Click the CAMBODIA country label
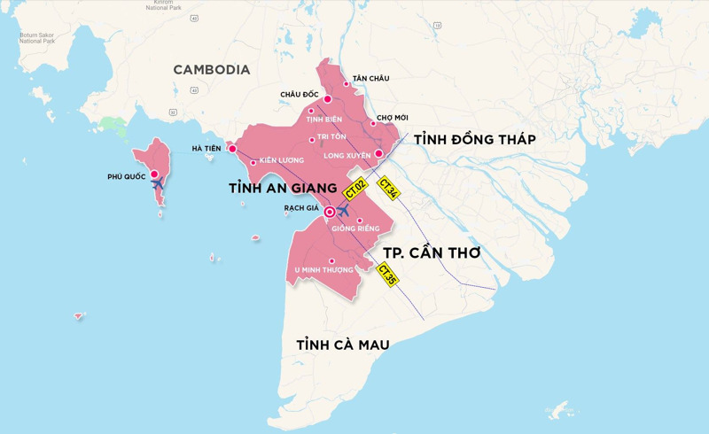[x=211, y=70]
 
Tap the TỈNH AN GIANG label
[x=283, y=189]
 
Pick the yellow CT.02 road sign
[x=356, y=190]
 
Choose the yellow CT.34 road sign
[x=388, y=189]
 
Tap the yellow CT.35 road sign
[x=387, y=275]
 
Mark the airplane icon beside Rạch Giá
[x=343, y=212]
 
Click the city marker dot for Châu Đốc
[x=327, y=99]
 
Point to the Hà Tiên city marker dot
[x=232, y=149]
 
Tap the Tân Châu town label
[x=370, y=79]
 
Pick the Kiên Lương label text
[x=282, y=160]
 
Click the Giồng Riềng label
[x=355, y=229]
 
